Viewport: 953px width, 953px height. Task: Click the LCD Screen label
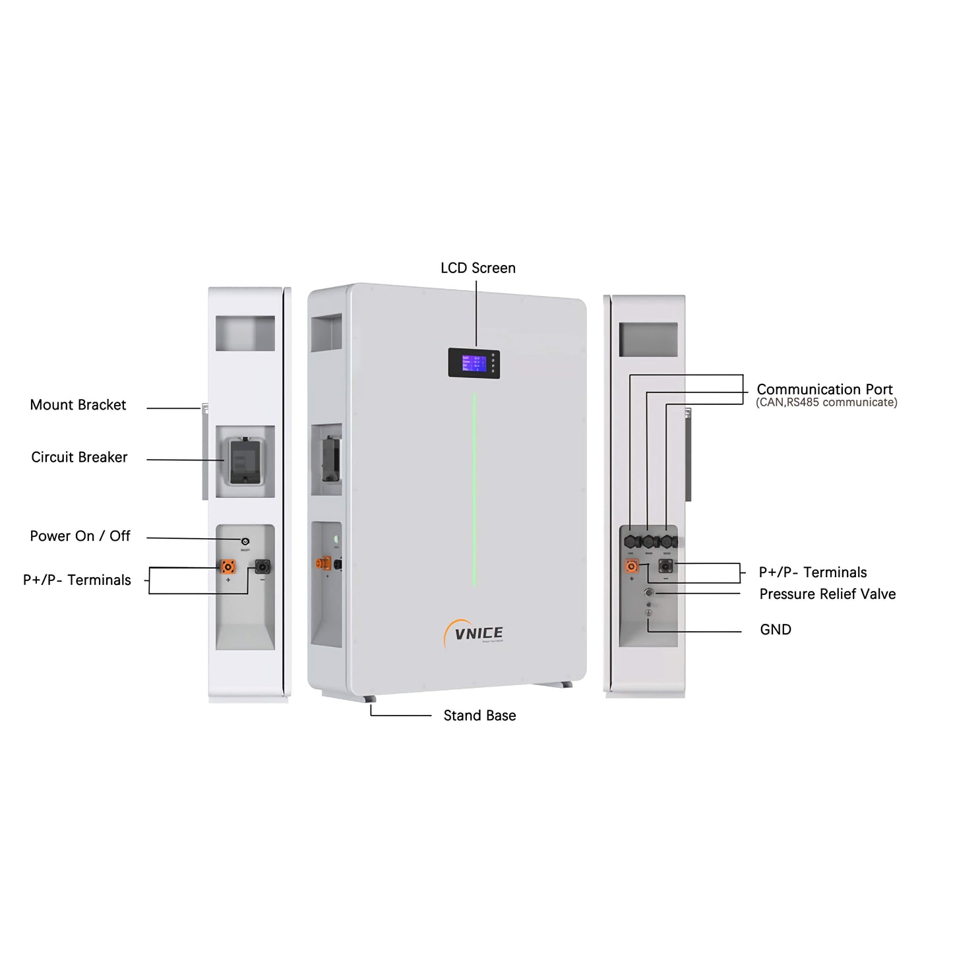pyautogui.click(x=477, y=268)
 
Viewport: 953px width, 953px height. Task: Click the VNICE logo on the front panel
pyautogui.click(x=477, y=634)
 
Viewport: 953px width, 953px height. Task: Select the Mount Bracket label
pyautogui.click(x=78, y=405)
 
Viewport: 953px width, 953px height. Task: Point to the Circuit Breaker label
pyautogui.click(x=79, y=457)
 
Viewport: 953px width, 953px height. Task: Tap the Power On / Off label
pyautogui.click(x=80, y=536)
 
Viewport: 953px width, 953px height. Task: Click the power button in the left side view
pyautogui.click(x=245, y=541)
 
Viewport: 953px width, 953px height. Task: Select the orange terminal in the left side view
pyautogui.click(x=228, y=566)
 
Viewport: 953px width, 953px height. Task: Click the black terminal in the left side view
pyautogui.click(x=262, y=566)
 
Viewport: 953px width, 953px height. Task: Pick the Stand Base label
pyautogui.click(x=479, y=716)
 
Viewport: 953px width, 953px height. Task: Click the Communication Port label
pyautogui.click(x=824, y=389)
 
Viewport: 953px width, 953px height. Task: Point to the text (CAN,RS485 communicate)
pyautogui.click(x=826, y=402)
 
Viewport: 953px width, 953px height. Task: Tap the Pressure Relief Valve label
pyautogui.click(x=827, y=594)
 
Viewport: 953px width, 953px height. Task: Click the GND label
pyautogui.click(x=775, y=630)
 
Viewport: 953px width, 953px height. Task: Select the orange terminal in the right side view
pyautogui.click(x=632, y=566)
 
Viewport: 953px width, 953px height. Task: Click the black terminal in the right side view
pyautogui.click(x=665, y=566)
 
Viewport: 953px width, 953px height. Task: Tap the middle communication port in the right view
pyautogui.click(x=649, y=541)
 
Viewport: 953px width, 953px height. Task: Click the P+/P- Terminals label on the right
pyautogui.click(x=813, y=572)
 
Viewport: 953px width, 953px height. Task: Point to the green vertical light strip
pyautogui.click(x=474, y=488)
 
